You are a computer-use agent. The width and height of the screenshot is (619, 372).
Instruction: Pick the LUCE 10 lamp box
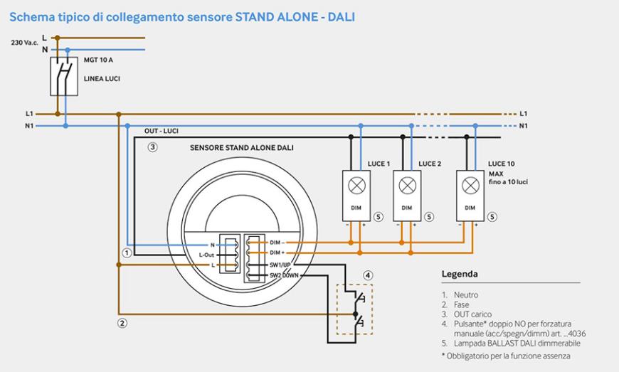coord(470,193)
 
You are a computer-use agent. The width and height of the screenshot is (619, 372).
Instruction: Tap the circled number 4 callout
coord(367,275)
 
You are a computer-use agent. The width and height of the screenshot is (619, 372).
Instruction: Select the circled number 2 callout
coord(122,323)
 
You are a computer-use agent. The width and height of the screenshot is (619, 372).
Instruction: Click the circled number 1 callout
coord(127,253)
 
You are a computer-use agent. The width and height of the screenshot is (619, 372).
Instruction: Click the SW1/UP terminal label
coord(282,264)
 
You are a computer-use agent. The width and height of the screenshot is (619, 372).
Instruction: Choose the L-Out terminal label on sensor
coord(207,255)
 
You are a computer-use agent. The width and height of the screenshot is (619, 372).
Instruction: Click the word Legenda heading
coord(460,274)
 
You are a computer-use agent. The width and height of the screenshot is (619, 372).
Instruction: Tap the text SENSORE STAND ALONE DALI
coord(242,148)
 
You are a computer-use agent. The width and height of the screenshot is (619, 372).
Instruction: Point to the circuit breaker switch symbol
coord(64,75)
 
